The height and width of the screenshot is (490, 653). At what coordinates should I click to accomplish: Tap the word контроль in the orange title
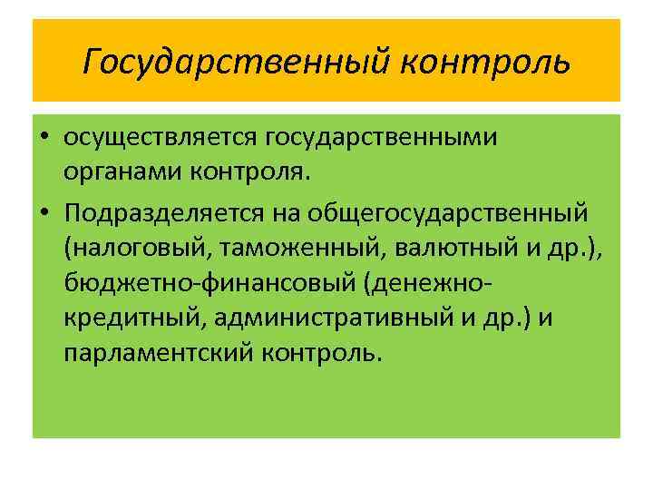click(485, 62)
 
